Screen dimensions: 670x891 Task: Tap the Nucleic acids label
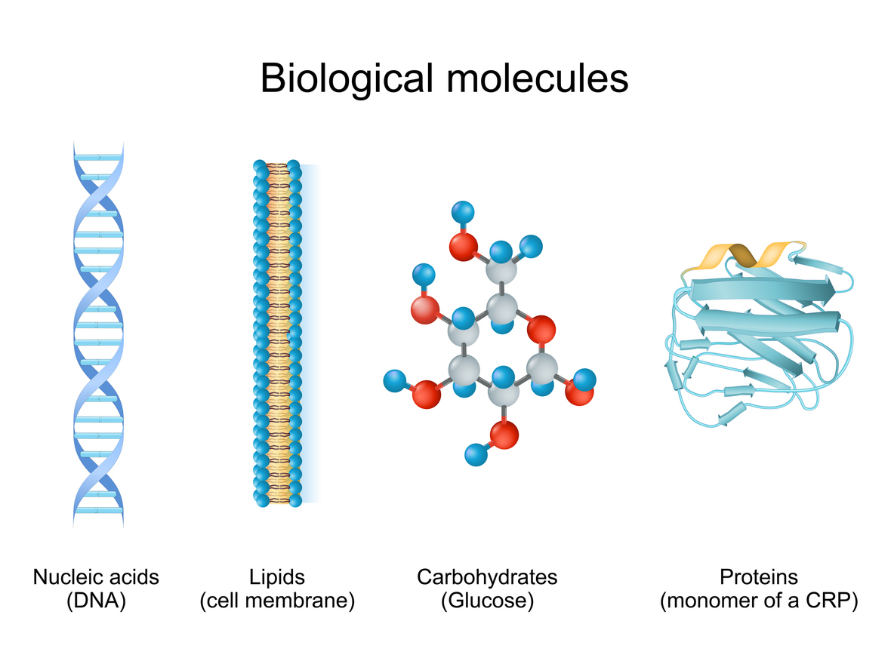point(96,577)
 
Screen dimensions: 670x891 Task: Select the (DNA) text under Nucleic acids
point(96,601)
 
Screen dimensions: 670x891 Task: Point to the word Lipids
point(277,577)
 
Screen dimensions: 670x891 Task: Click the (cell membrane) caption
point(277,601)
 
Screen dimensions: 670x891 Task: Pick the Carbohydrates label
point(487,577)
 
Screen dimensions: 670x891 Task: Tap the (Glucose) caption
point(487,601)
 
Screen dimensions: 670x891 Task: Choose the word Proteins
point(758,577)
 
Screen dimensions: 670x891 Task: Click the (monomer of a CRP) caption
point(758,601)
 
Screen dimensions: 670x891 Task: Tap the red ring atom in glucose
point(541,329)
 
